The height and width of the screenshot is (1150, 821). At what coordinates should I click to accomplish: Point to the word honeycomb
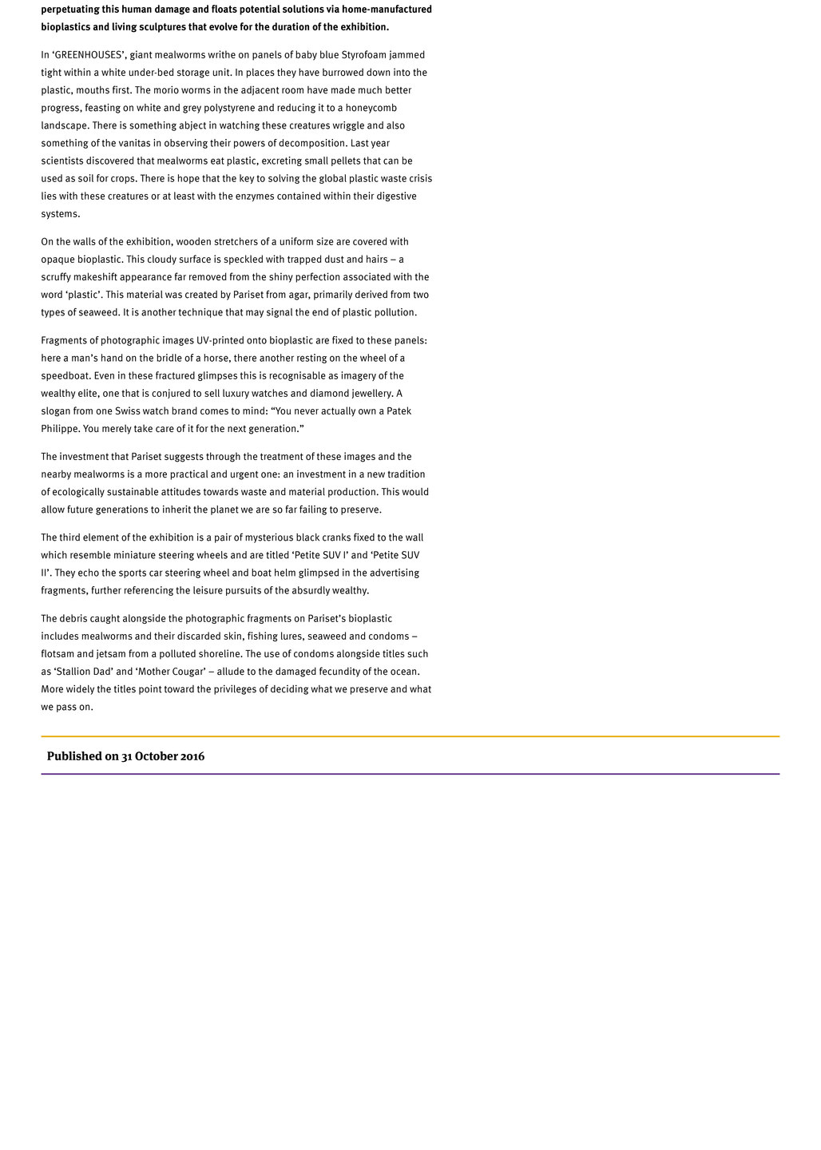coord(371,108)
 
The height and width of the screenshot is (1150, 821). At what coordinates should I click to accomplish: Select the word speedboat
coord(64,376)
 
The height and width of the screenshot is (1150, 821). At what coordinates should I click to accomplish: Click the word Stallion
coord(76,672)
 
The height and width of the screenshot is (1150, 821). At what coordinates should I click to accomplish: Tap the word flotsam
coord(60,654)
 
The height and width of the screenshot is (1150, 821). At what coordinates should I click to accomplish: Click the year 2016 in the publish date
coord(193,756)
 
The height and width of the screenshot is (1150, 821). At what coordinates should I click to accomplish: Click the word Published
coord(74,756)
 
